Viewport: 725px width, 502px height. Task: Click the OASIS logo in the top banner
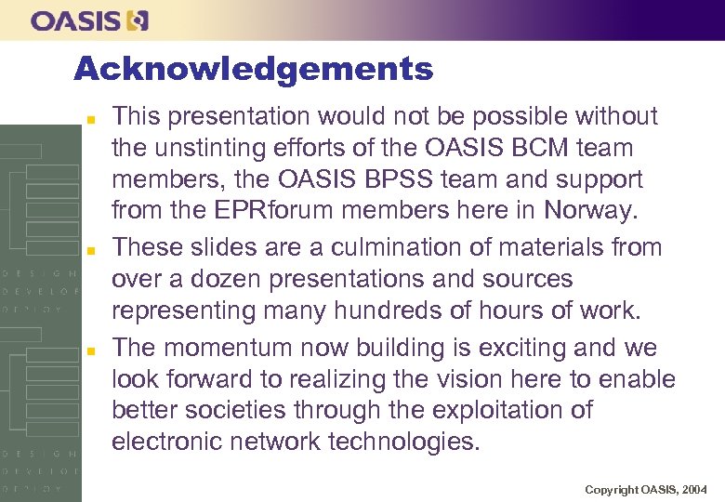pyautogui.click(x=89, y=20)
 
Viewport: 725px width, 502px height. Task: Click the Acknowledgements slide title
pyautogui.click(x=253, y=69)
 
